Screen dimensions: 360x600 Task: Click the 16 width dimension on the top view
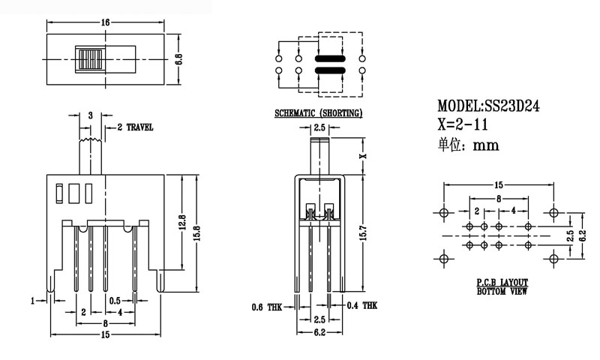tap(105, 22)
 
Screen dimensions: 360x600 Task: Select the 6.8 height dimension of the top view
tap(179, 59)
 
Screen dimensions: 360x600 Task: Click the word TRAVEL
tap(139, 128)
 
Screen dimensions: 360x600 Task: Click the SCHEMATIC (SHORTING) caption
tap(319, 113)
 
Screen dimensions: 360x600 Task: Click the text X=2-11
tap(462, 125)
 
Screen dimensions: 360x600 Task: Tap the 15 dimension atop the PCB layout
tap(498, 184)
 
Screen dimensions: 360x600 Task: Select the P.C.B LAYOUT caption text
tap(502, 281)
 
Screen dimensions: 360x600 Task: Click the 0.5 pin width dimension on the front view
tap(113, 301)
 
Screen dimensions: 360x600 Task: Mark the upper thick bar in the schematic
tap(331, 58)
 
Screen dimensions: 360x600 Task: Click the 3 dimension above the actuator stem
tap(90, 115)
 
